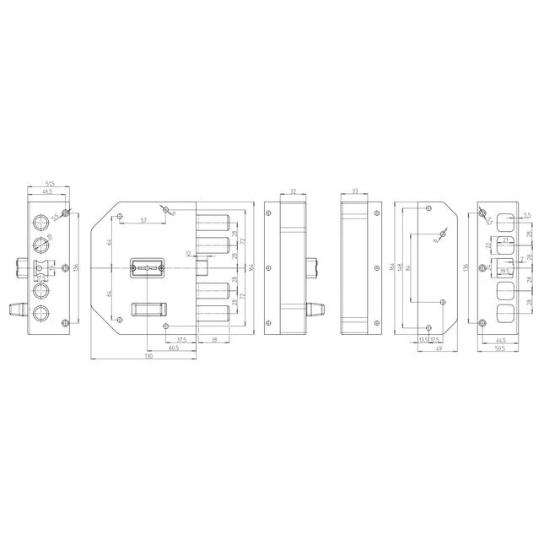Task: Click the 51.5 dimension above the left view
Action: [x=50, y=184]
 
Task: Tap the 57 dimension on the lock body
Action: [x=143, y=220]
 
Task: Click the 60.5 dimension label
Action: [x=173, y=348]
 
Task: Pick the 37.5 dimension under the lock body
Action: [x=181, y=340]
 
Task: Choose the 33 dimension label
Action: [x=355, y=192]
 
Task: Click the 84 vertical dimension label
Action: [x=407, y=267]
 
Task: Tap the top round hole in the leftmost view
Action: [x=41, y=222]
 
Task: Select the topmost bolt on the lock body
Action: [x=214, y=222]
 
